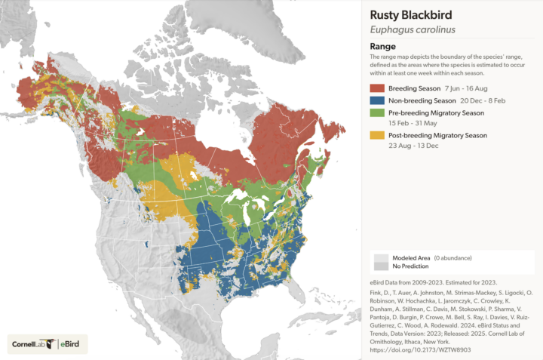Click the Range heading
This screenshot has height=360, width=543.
point(382,46)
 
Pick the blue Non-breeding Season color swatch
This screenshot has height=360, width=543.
point(376,100)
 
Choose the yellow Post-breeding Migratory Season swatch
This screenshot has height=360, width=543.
point(376,135)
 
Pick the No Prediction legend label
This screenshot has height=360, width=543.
point(410,266)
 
